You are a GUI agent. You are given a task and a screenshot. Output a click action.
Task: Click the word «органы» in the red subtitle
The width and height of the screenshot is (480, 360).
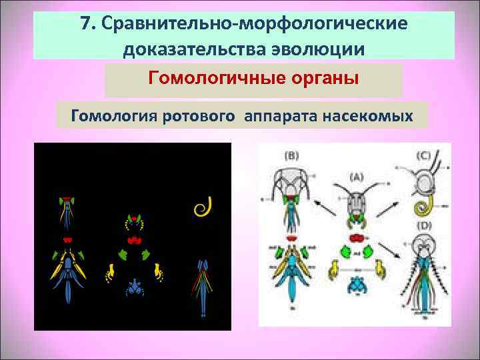(x=325, y=79)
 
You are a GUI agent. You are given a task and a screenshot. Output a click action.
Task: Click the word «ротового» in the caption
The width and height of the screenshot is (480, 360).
(x=197, y=117)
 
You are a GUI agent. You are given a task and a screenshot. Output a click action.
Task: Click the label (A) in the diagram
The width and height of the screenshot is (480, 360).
(x=357, y=177)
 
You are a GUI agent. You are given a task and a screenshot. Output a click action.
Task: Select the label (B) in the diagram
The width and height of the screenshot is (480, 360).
(x=291, y=155)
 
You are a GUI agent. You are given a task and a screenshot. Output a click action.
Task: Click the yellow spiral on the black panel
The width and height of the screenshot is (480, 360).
(x=201, y=207)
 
